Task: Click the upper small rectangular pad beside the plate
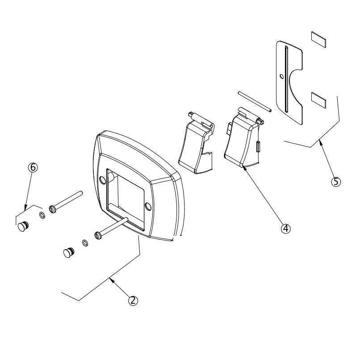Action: [318, 39]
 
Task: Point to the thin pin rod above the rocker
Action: [253, 100]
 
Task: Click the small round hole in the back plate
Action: [280, 75]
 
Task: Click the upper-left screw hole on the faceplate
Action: [103, 180]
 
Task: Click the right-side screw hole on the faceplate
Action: [148, 206]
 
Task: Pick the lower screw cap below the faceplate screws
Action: [68, 253]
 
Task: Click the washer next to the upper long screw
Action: [42, 216]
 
